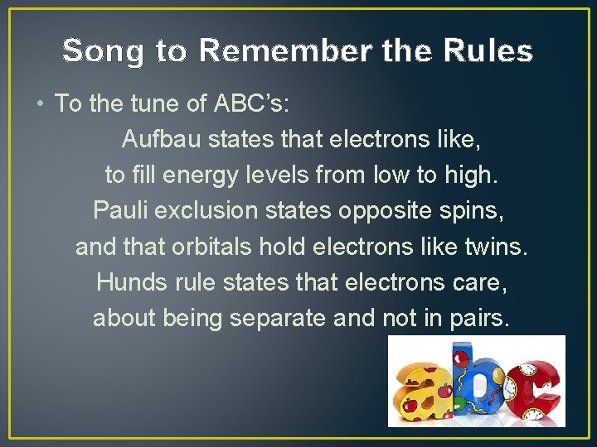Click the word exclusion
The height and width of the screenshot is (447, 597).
tap(207, 210)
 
